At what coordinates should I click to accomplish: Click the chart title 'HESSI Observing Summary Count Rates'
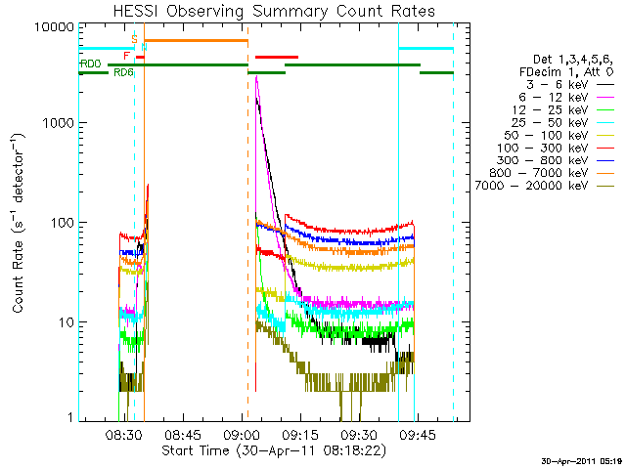[x=275, y=11]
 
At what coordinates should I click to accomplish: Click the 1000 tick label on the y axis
[x=59, y=124]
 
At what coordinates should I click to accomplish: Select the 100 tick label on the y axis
[x=62, y=223]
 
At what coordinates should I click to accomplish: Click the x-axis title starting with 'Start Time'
[x=274, y=450]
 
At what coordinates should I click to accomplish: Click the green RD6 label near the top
[x=123, y=72]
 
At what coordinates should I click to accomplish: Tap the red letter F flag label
[x=127, y=57]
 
